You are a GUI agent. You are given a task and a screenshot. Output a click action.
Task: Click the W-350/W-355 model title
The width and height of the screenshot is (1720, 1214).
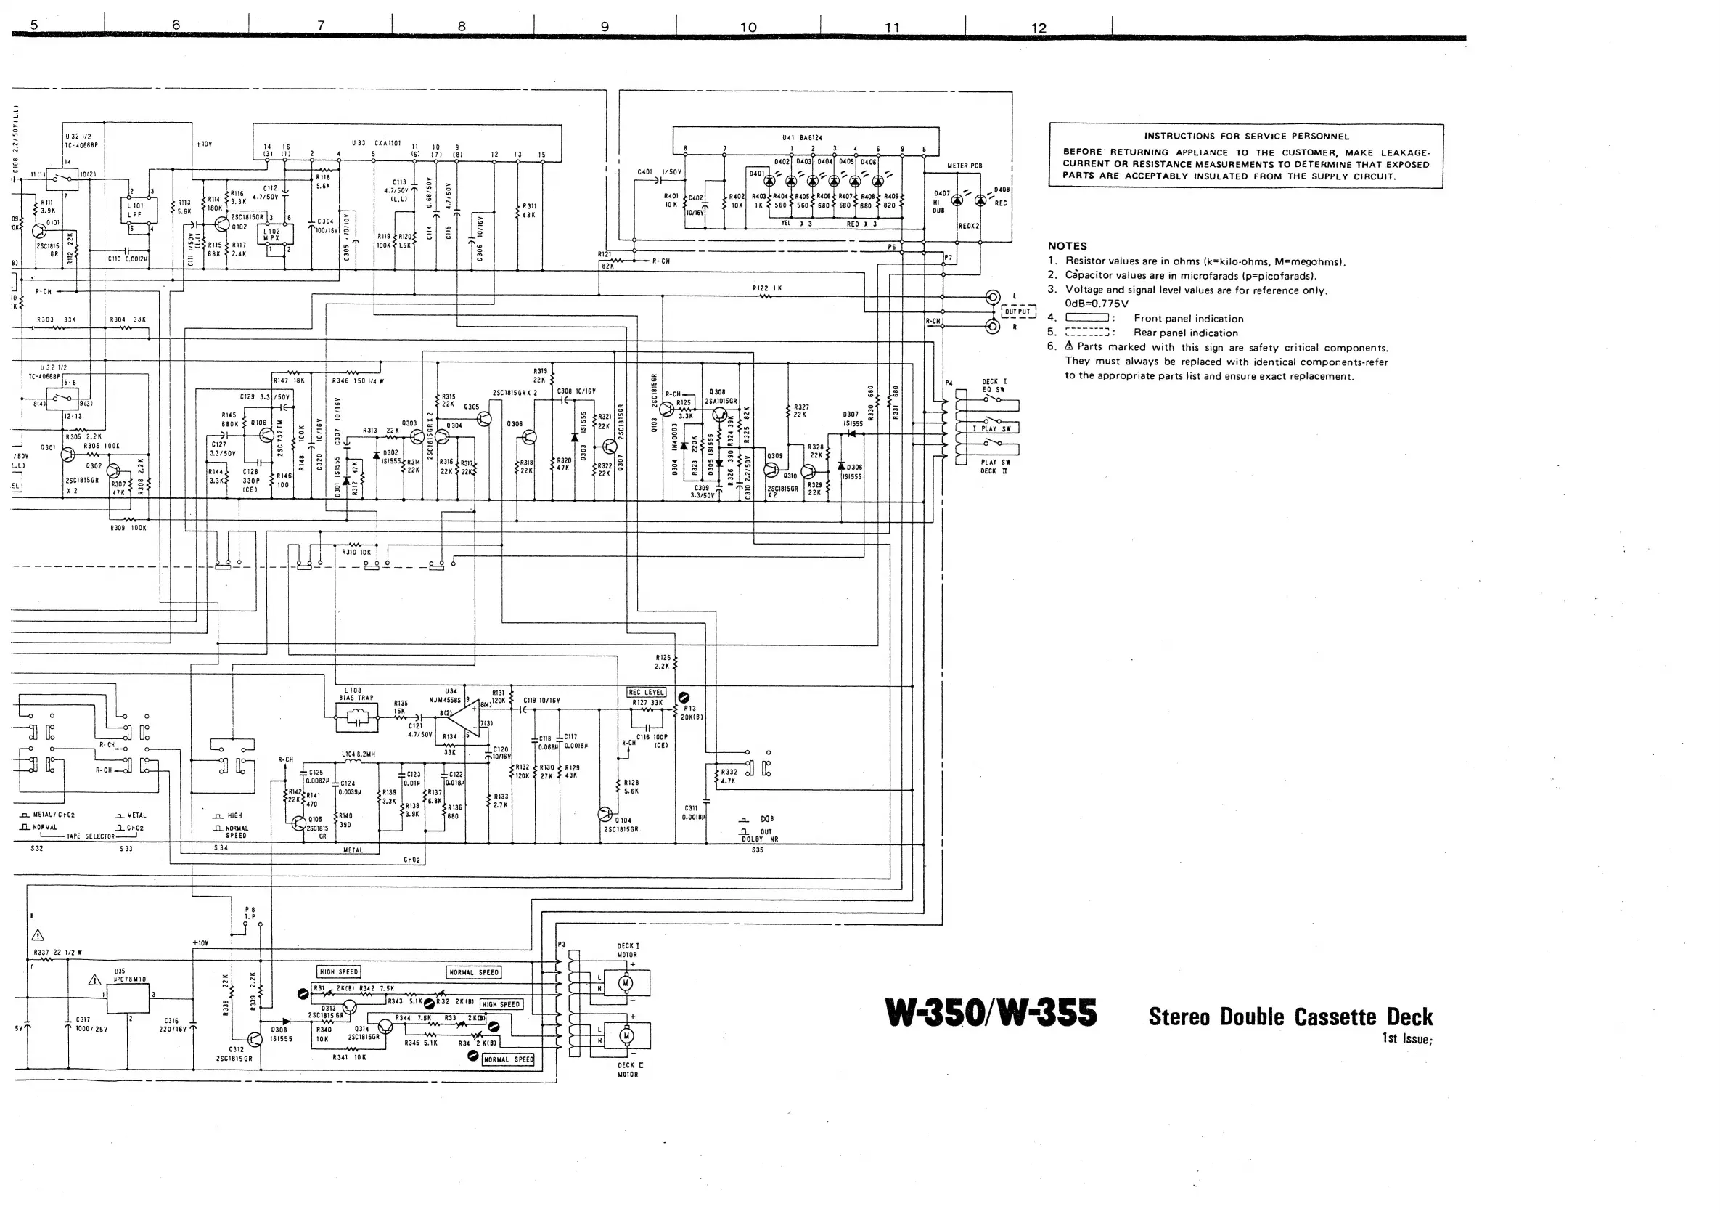991,1013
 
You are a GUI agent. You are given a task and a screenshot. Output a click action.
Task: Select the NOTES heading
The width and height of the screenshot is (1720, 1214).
1067,246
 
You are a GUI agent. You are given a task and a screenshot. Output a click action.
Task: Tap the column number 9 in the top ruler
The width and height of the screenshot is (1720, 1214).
605,27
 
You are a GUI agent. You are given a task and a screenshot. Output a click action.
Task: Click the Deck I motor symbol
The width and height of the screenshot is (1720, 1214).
626,982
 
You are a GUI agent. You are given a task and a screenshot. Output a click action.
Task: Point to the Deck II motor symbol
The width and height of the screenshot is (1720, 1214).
626,1035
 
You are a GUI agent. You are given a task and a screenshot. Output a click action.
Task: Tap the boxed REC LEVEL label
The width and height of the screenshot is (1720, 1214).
646,692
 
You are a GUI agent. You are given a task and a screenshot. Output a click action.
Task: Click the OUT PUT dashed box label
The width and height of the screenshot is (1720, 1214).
1018,311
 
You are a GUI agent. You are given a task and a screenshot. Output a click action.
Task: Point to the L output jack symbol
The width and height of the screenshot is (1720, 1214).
993,297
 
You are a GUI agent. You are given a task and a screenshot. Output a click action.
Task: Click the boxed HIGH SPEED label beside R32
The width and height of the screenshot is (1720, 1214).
501,1004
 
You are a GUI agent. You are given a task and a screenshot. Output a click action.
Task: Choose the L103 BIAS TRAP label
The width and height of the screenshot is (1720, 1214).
355,694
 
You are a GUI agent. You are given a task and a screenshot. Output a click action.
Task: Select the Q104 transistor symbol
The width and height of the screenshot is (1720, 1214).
605,814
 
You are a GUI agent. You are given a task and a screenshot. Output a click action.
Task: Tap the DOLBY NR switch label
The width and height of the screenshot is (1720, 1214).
760,839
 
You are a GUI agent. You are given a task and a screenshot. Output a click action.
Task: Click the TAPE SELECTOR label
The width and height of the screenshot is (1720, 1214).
90,836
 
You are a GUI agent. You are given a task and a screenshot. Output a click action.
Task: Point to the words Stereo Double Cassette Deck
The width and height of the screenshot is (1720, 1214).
1290,1017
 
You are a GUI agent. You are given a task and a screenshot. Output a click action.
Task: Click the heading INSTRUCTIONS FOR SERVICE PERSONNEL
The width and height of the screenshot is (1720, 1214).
1246,137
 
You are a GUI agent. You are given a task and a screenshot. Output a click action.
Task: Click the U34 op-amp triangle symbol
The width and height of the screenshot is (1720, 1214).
465,718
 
